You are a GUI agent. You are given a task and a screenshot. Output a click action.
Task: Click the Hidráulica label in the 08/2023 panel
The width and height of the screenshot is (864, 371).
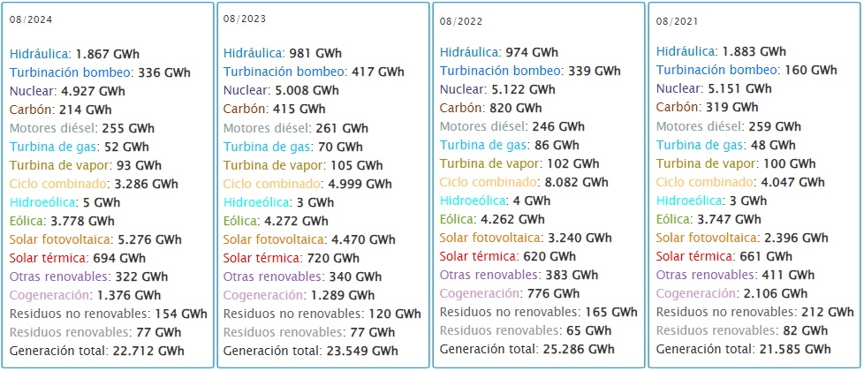pos(254,53)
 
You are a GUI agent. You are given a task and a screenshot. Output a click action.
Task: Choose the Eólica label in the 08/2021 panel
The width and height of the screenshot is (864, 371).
pos(674,219)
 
